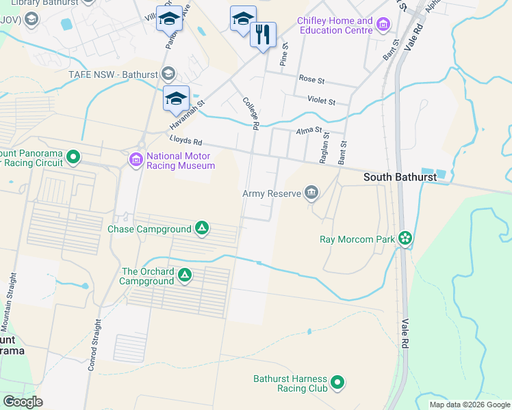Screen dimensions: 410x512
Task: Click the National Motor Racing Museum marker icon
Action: pos(136,160)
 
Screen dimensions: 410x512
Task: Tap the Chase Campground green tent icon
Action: pos(202,228)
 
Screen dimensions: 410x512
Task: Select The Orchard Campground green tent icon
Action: pos(184,275)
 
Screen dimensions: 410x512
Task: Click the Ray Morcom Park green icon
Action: pos(405,238)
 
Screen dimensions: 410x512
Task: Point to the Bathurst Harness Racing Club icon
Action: pos(337,383)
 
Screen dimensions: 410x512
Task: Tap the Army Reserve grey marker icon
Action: pos(312,193)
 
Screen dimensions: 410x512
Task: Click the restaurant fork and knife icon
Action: pos(263,34)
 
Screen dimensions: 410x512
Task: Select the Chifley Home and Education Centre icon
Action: pos(383,26)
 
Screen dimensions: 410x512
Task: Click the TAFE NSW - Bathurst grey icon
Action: pos(169,74)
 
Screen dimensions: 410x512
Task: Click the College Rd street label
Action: pos(251,113)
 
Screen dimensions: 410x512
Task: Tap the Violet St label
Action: pos(321,102)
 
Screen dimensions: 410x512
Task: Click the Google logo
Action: pos(23,402)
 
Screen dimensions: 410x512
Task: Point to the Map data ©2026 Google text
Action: pos(469,405)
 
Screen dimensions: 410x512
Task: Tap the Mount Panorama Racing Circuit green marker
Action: pos(73,159)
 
